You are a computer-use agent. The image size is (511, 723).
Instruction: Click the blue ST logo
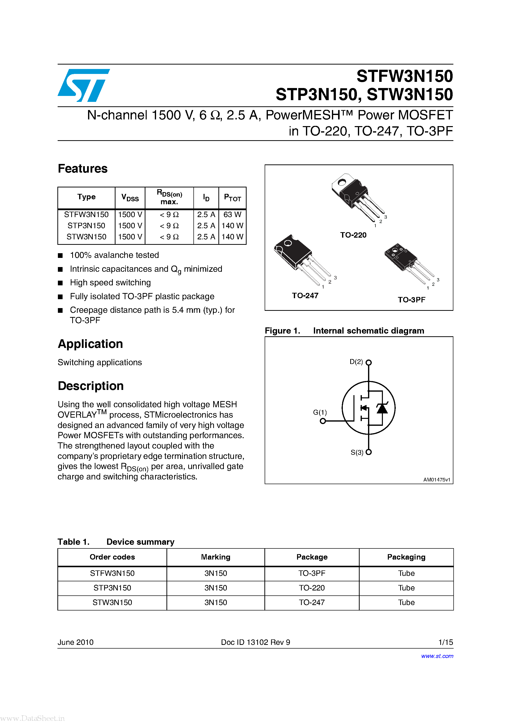tap(84, 85)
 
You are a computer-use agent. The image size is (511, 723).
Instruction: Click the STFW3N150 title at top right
tap(404, 76)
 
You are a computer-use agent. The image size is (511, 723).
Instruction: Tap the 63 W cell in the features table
tap(232, 214)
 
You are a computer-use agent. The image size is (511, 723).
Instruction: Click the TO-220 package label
tap(353, 235)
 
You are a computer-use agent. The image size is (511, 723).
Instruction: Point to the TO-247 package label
tap(305, 295)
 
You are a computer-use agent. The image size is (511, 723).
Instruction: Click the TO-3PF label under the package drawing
tap(411, 299)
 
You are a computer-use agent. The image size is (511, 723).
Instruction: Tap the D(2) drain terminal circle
tap(369, 362)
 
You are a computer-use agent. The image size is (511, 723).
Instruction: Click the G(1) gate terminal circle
tap(323, 421)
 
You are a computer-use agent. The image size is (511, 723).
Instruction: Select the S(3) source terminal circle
tap(369, 452)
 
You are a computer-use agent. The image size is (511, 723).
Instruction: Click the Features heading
tap(83, 168)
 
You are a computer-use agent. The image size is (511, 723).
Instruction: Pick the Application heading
tap(90, 344)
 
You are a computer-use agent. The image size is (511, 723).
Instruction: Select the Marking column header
tap(215, 557)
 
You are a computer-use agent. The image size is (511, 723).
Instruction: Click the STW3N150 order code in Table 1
tap(112, 602)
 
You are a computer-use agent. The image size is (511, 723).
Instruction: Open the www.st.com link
tap(437, 656)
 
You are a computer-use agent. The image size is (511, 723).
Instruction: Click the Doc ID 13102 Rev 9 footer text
tap(255, 642)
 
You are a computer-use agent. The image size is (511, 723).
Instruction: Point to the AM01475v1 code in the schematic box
tap(436, 480)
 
